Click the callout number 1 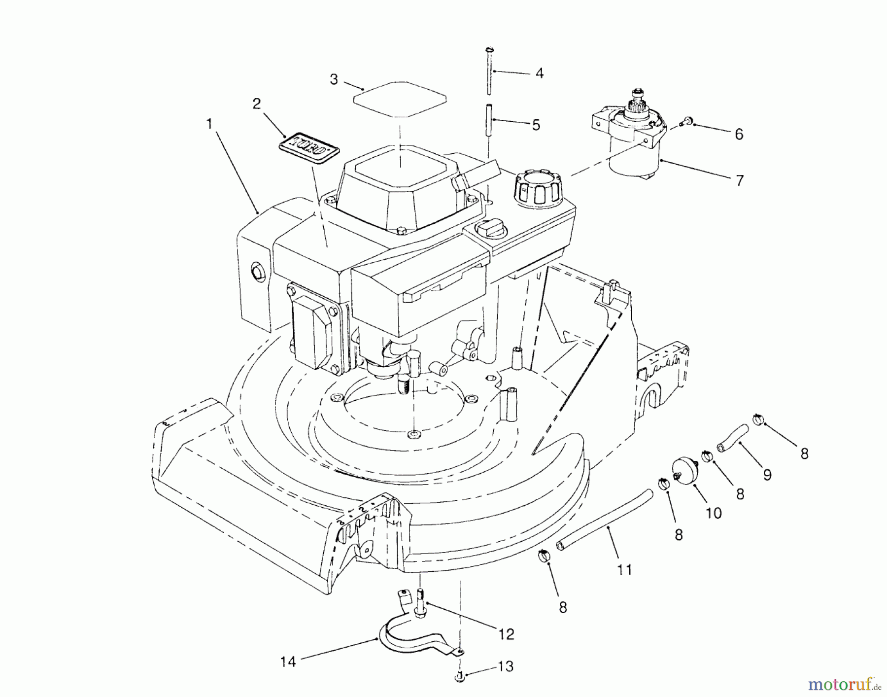(x=209, y=124)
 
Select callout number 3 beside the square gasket (x=334, y=79)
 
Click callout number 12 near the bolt (x=506, y=633)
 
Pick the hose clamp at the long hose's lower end (x=544, y=555)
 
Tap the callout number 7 (x=739, y=180)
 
